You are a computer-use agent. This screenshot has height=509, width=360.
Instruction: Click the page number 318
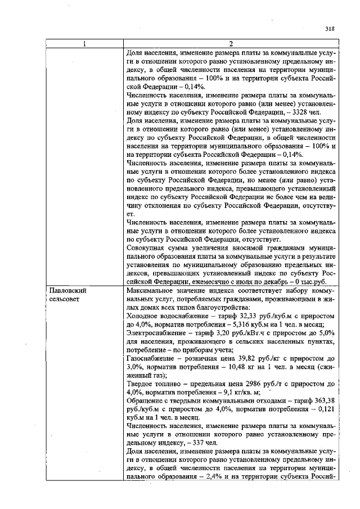pos(330,30)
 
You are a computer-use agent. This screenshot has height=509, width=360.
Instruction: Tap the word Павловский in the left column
pos(66,291)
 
